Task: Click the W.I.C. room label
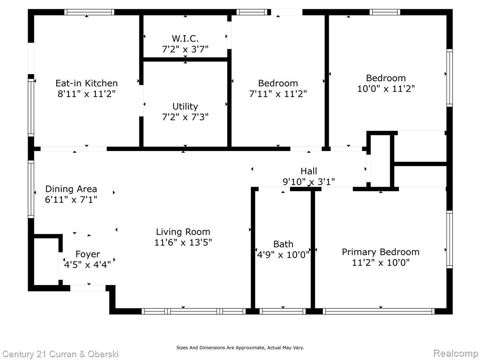(185, 38)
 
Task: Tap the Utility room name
(185, 106)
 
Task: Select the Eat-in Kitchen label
(87, 83)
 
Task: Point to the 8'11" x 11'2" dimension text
(87, 94)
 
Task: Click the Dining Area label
(71, 189)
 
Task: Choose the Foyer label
(88, 254)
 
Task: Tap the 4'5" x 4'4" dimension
(88, 264)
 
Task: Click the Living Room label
(183, 232)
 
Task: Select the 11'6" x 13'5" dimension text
(183, 242)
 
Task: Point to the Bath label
(283, 244)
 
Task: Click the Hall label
(308, 171)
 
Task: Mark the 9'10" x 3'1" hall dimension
(308, 182)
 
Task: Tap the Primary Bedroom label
(381, 252)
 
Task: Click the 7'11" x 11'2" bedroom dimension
(278, 94)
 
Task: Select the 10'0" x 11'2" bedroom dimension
(386, 89)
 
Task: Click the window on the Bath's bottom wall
(283, 311)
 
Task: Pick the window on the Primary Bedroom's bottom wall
(379, 311)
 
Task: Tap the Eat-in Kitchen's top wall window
(89, 12)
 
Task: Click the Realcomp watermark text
(456, 353)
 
